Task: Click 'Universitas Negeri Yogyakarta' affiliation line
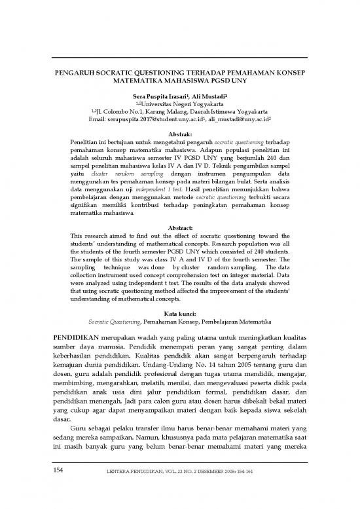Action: (183, 105)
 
